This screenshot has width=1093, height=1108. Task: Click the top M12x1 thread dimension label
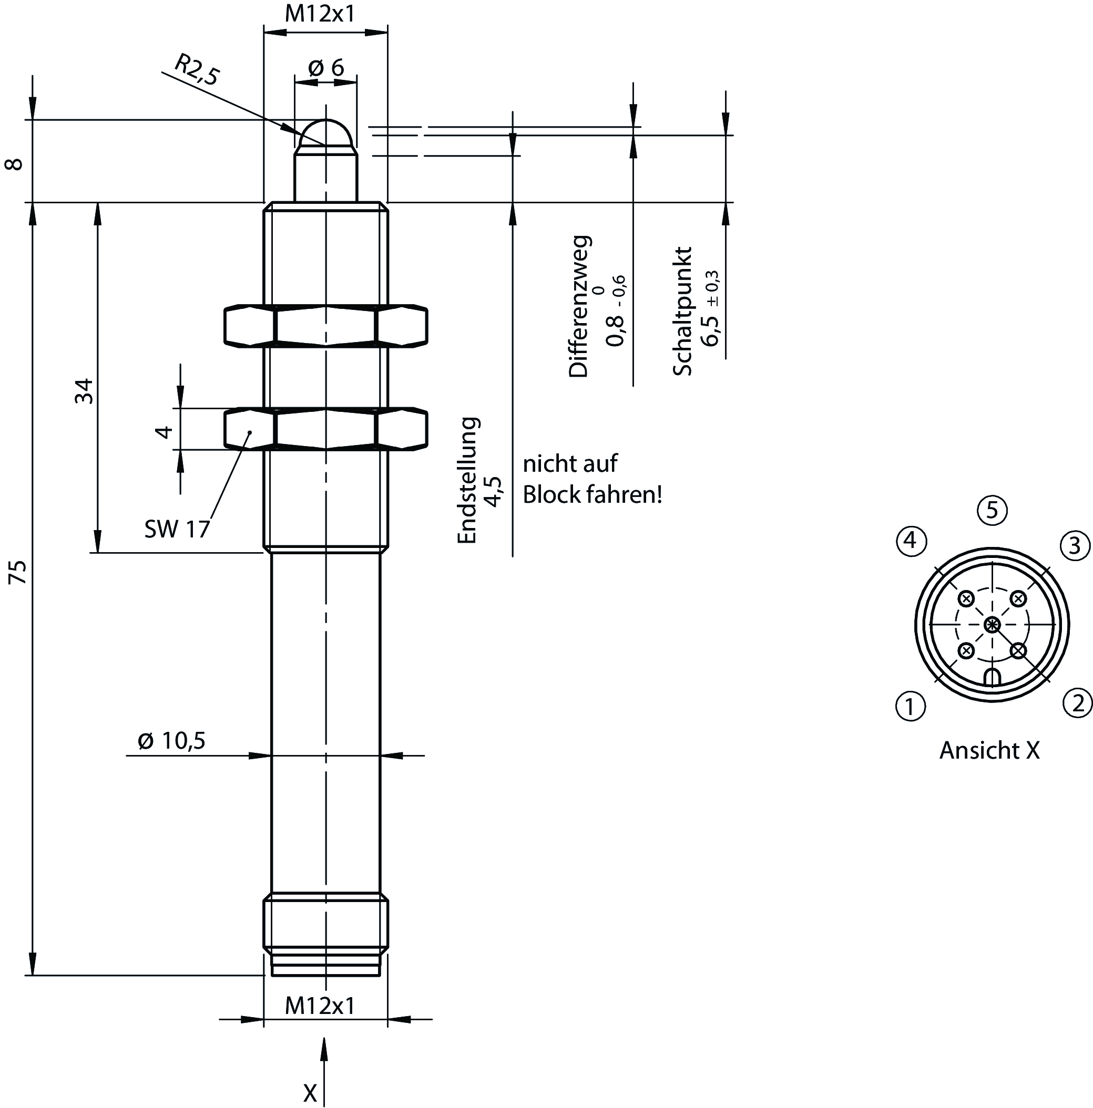pyautogui.click(x=320, y=13)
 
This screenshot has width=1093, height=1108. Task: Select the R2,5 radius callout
pyautogui.click(x=197, y=70)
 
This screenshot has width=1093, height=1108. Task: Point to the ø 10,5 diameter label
pyautogui.click(x=171, y=740)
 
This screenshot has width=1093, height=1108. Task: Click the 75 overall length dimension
pyautogui.click(x=18, y=572)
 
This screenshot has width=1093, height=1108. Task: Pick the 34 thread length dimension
pyautogui.click(x=84, y=390)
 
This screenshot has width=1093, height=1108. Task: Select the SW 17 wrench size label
pyautogui.click(x=177, y=529)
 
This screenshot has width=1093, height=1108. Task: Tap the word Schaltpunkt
pyautogui.click(x=683, y=312)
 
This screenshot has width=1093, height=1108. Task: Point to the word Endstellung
pyautogui.click(x=467, y=480)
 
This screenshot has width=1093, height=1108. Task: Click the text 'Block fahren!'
pyautogui.click(x=592, y=495)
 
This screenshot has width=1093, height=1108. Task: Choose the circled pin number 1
pyautogui.click(x=911, y=706)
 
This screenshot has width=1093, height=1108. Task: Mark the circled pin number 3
pyautogui.click(x=1075, y=545)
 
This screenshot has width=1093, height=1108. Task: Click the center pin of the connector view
pyautogui.click(x=992, y=625)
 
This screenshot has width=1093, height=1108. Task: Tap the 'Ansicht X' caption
pyautogui.click(x=989, y=750)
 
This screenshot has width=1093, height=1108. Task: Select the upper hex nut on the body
pyautogui.click(x=325, y=326)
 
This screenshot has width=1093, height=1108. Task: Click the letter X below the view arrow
pyautogui.click(x=310, y=1093)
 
